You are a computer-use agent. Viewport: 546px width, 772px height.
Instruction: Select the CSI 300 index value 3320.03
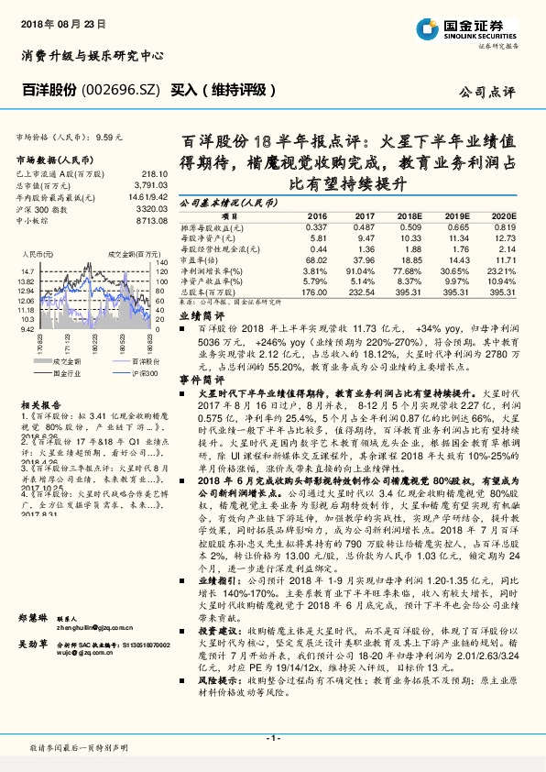[x=154, y=208]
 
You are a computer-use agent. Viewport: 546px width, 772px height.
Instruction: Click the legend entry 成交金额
[x=69, y=364]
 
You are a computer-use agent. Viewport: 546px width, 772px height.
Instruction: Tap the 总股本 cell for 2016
[x=313, y=292]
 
